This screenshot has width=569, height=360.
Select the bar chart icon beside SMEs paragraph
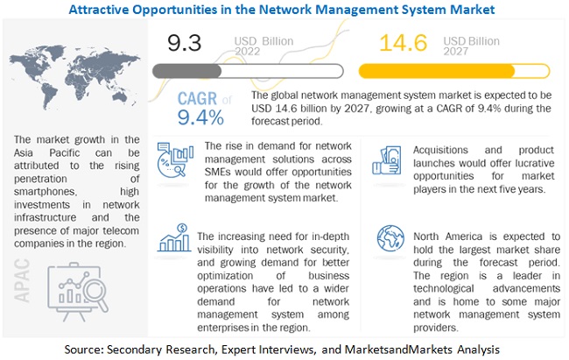tap(175, 162)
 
